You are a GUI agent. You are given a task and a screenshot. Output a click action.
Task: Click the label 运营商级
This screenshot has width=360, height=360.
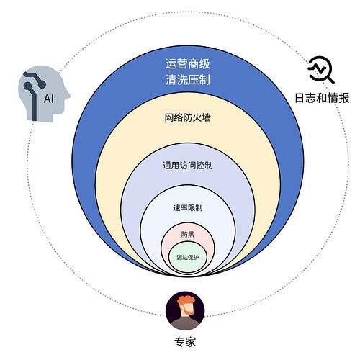click(187, 64)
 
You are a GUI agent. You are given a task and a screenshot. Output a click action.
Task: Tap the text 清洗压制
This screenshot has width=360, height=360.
click(187, 79)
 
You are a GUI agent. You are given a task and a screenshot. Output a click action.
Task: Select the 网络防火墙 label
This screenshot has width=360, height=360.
click(187, 117)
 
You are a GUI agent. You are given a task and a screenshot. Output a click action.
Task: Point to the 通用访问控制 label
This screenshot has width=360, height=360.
click(188, 166)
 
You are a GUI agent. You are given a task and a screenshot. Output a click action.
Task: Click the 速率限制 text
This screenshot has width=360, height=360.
click(188, 207)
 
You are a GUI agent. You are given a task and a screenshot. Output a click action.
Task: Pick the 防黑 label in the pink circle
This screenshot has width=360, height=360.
click(188, 234)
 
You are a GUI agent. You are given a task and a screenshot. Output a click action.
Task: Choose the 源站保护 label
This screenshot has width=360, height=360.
click(188, 257)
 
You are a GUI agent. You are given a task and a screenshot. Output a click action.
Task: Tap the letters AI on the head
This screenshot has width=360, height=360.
click(49, 99)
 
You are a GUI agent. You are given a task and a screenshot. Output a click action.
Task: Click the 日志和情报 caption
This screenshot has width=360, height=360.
click(322, 98)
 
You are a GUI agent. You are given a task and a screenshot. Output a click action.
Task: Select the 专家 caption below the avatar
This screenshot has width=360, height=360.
click(185, 342)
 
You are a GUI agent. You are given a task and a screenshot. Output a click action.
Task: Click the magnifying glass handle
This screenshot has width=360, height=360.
click(330, 79)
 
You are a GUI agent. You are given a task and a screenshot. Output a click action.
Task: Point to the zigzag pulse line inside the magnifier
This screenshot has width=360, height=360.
click(318, 68)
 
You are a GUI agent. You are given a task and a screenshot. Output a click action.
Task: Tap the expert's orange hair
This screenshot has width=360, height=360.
click(186, 300)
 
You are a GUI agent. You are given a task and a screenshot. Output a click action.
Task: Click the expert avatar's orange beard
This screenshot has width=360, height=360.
click(187, 311)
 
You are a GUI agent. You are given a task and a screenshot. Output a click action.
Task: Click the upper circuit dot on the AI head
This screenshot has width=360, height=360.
click(42, 84)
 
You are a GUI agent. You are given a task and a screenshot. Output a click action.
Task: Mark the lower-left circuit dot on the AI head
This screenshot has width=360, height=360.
click(28, 86)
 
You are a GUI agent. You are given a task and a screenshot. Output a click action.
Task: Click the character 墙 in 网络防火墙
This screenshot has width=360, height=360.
click(207, 117)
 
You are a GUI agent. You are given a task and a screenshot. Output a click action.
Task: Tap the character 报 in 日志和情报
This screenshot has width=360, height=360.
click(344, 98)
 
